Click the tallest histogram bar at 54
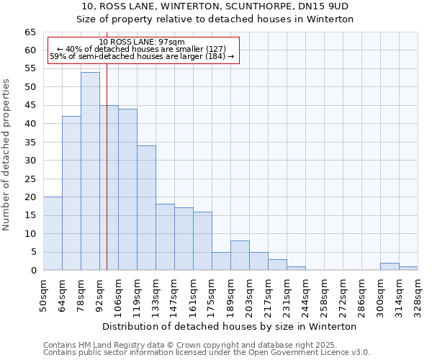point(90,171)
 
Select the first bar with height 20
point(53,233)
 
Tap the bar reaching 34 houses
point(146,207)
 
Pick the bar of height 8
point(240,256)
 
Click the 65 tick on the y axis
point(30,32)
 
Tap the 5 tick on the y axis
point(33,252)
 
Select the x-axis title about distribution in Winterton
point(230,326)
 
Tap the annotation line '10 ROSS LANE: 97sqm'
point(142,42)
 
